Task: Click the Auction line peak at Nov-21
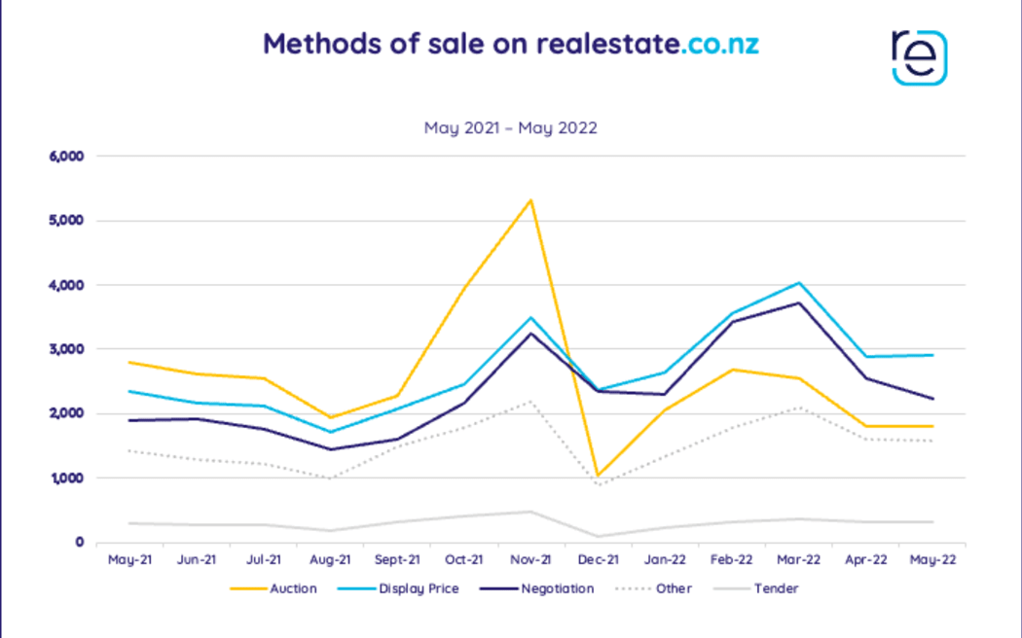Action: tap(530, 200)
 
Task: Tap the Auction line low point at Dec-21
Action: tap(597, 476)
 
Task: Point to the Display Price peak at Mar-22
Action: tap(798, 283)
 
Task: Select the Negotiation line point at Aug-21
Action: tap(330, 449)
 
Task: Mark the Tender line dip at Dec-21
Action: tap(597, 536)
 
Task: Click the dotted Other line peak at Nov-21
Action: tap(530, 401)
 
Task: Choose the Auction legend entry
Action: tap(274, 588)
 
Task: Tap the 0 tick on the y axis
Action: tap(80, 543)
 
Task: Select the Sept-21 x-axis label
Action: tap(396, 560)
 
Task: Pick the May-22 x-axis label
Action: tap(931, 560)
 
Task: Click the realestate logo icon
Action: tap(919, 56)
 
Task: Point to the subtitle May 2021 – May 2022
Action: tap(510, 127)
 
